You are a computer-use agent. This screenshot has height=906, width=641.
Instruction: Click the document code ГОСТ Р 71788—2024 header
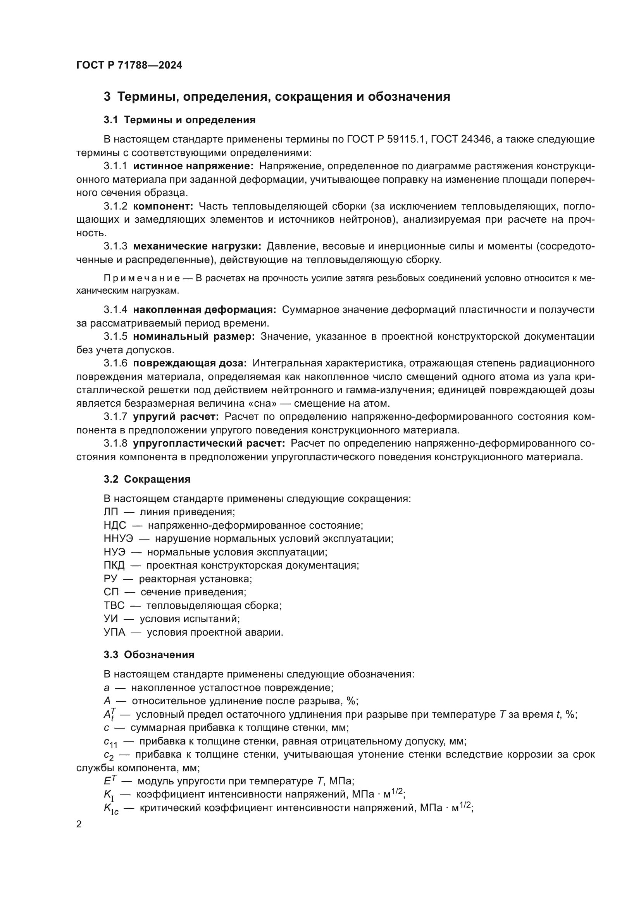pos(129,65)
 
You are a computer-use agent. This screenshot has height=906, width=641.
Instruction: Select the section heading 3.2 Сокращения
pos(147,479)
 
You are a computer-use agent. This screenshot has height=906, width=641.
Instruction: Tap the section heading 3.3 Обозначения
pos(149,655)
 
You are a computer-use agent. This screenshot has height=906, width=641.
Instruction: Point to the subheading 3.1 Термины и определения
pos(179,120)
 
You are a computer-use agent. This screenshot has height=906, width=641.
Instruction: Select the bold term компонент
pos(163,206)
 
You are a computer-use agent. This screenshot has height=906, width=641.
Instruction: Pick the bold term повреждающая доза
pos(190,363)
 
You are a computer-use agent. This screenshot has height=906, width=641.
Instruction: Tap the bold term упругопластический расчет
pos(209,444)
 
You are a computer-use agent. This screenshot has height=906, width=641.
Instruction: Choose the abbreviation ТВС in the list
pos(114,605)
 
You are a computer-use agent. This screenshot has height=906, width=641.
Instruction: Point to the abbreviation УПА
pos(114,632)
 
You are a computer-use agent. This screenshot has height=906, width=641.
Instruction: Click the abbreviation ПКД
pos(114,565)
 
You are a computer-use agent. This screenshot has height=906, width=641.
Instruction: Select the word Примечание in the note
pos(142,279)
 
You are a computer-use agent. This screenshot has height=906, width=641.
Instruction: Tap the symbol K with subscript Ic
pos(111,808)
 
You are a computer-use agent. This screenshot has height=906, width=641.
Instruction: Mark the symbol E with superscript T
pos(109,781)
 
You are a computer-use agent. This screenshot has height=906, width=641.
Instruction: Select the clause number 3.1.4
pos(115,310)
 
